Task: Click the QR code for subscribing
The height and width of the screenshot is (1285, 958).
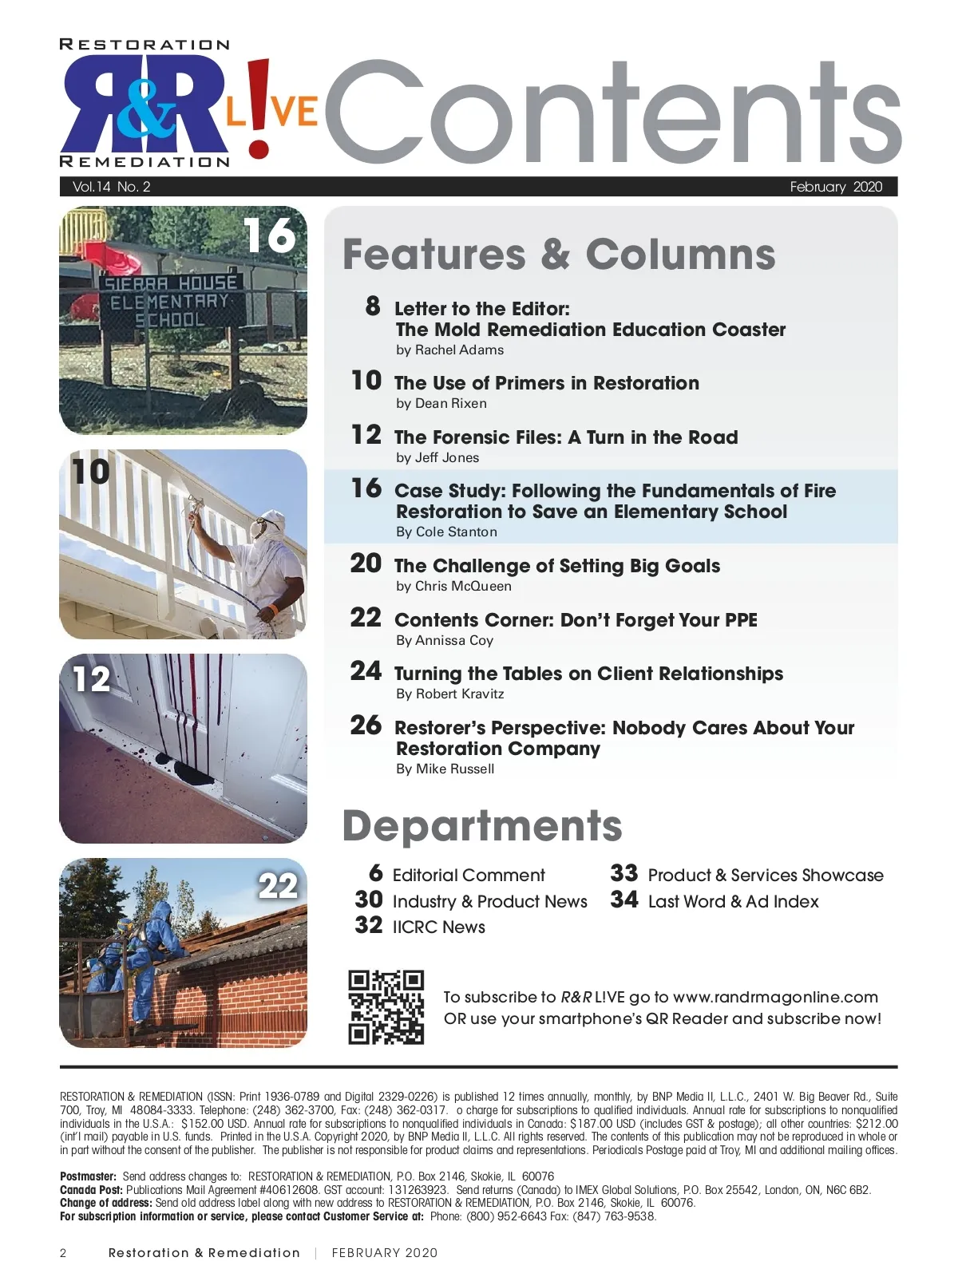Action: [x=386, y=1007]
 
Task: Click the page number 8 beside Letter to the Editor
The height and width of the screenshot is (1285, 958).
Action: [x=373, y=306]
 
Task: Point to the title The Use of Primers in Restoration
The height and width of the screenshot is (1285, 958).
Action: [x=546, y=383]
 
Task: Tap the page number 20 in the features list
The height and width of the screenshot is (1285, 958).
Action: [x=366, y=563]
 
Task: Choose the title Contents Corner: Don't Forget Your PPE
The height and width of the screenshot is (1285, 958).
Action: [x=576, y=620]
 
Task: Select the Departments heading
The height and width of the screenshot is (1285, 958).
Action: [x=481, y=825]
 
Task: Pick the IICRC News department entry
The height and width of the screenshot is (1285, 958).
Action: [x=438, y=927]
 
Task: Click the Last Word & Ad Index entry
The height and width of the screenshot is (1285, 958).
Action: [x=733, y=901]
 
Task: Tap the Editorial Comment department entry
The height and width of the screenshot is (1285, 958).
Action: [x=469, y=875]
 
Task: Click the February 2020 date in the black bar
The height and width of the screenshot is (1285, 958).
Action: [x=836, y=187]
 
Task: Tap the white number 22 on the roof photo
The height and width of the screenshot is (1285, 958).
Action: [x=277, y=886]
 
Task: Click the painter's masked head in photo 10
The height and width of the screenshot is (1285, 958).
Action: [x=266, y=528]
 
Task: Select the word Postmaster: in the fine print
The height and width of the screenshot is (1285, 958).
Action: [x=88, y=1176]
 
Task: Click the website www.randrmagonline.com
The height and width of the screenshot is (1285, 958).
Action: [x=775, y=997]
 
